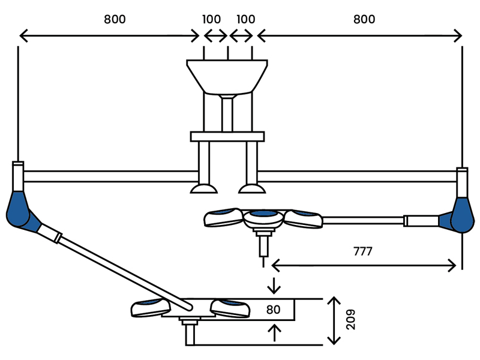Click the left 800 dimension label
point(115,19)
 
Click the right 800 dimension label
point(364,19)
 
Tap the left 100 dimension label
point(212,19)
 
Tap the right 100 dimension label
point(246,19)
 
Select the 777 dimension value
point(363,251)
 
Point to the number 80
point(274,310)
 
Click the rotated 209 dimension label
point(351,320)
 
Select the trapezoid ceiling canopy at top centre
point(227,77)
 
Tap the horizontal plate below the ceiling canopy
point(227,137)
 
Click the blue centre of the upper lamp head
point(265,214)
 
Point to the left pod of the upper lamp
point(223,217)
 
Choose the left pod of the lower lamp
point(151,307)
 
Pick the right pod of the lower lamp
point(230,308)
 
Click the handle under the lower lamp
point(190,332)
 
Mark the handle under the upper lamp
point(263,244)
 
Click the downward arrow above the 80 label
point(274,286)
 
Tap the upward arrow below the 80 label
point(275,333)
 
